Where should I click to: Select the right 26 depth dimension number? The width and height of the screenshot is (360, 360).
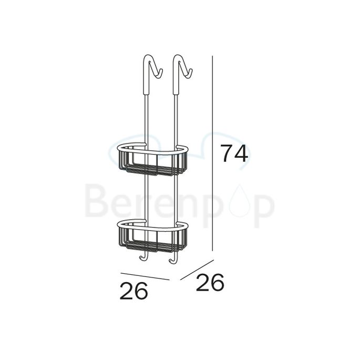210,283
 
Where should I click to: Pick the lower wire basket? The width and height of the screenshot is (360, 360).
151,239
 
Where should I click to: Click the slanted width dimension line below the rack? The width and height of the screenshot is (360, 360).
145,276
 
